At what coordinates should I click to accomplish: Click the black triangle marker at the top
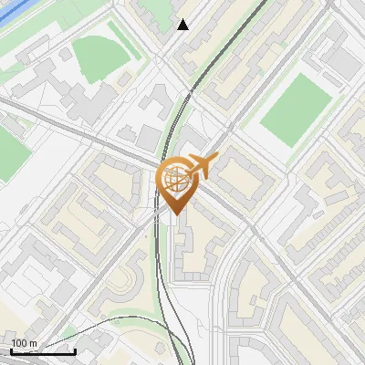[x=183, y=25]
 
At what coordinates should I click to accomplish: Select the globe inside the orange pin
[x=174, y=181]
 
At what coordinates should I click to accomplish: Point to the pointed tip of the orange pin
[x=174, y=214]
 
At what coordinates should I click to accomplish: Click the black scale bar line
[x=43, y=351]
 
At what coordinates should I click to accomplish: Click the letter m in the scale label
[x=35, y=343]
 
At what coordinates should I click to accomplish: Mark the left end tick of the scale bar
[x=12, y=349]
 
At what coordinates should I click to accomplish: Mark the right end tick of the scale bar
[x=75, y=349]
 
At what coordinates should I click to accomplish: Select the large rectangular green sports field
[x=292, y=109]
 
